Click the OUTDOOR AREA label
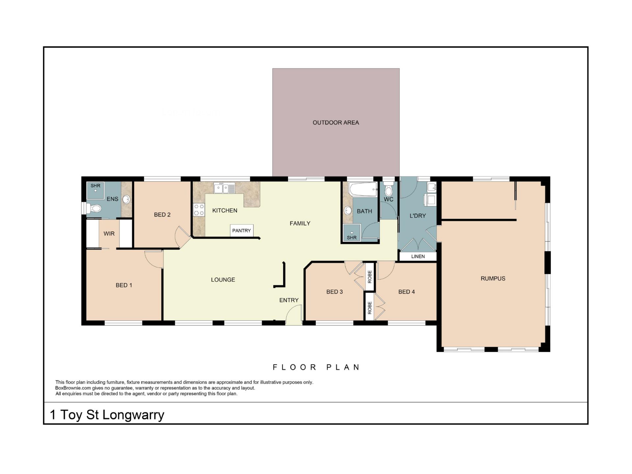pos(336,122)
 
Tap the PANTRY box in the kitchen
pos(242,230)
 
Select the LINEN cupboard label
pos(418,256)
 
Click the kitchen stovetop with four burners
pos(199,210)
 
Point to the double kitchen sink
pos(224,188)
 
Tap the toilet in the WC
pos(389,189)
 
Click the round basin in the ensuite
pos(126,199)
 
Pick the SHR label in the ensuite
pos(95,186)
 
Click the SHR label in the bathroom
pos(352,237)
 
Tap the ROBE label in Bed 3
pos(370,277)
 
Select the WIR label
pos(109,234)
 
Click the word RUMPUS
pos(493,278)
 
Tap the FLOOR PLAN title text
pos(316,367)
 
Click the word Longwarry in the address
pos(133,415)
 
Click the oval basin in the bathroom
pos(348,210)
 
